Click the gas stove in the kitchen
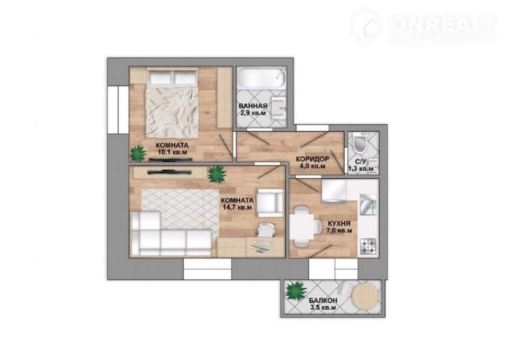coord(368,247)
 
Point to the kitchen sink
coord(368,205)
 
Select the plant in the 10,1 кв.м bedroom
coord(138,153)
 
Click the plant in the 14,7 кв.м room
coord(217,174)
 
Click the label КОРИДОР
coord(312,159)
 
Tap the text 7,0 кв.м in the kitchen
coord(339,231)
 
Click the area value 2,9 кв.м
coord(253,113)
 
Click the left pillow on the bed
coord(161,77)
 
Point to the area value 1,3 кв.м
coord(360,169)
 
